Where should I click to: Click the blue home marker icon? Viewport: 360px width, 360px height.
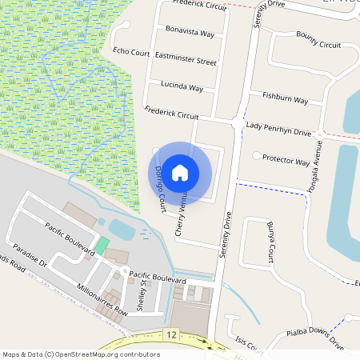tap(180, 172)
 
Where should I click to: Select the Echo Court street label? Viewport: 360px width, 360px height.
tap(131, 52)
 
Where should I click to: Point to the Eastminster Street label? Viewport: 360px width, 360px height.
tap(186, 59)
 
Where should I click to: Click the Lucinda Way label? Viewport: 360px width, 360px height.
tap(182, 86)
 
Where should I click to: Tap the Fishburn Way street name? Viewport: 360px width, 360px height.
tap(286, 98)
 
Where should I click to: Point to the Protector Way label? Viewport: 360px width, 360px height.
tap(286, 161)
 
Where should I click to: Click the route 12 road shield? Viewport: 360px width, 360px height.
tap(170, 333)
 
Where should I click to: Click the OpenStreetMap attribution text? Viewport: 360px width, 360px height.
tap(81, 354)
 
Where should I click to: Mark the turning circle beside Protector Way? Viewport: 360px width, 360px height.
tap(256, 155)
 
